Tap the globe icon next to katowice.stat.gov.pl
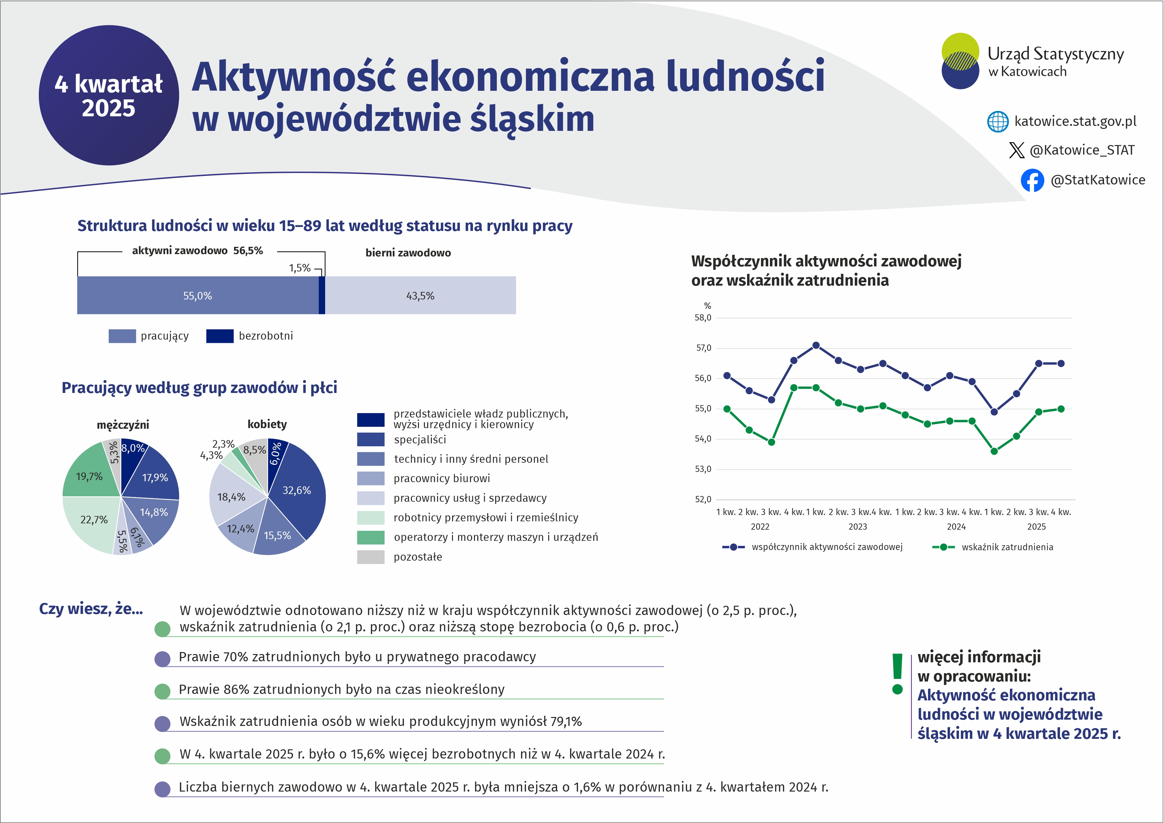(998, 122)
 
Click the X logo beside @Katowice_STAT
(1017, 150)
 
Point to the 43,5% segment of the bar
(420, 296)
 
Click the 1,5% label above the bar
(300, 268)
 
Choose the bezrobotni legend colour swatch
(219, 336)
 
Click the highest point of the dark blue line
(816, 346)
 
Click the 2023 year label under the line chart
(857, 526)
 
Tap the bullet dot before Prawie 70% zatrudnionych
(162, 659)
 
